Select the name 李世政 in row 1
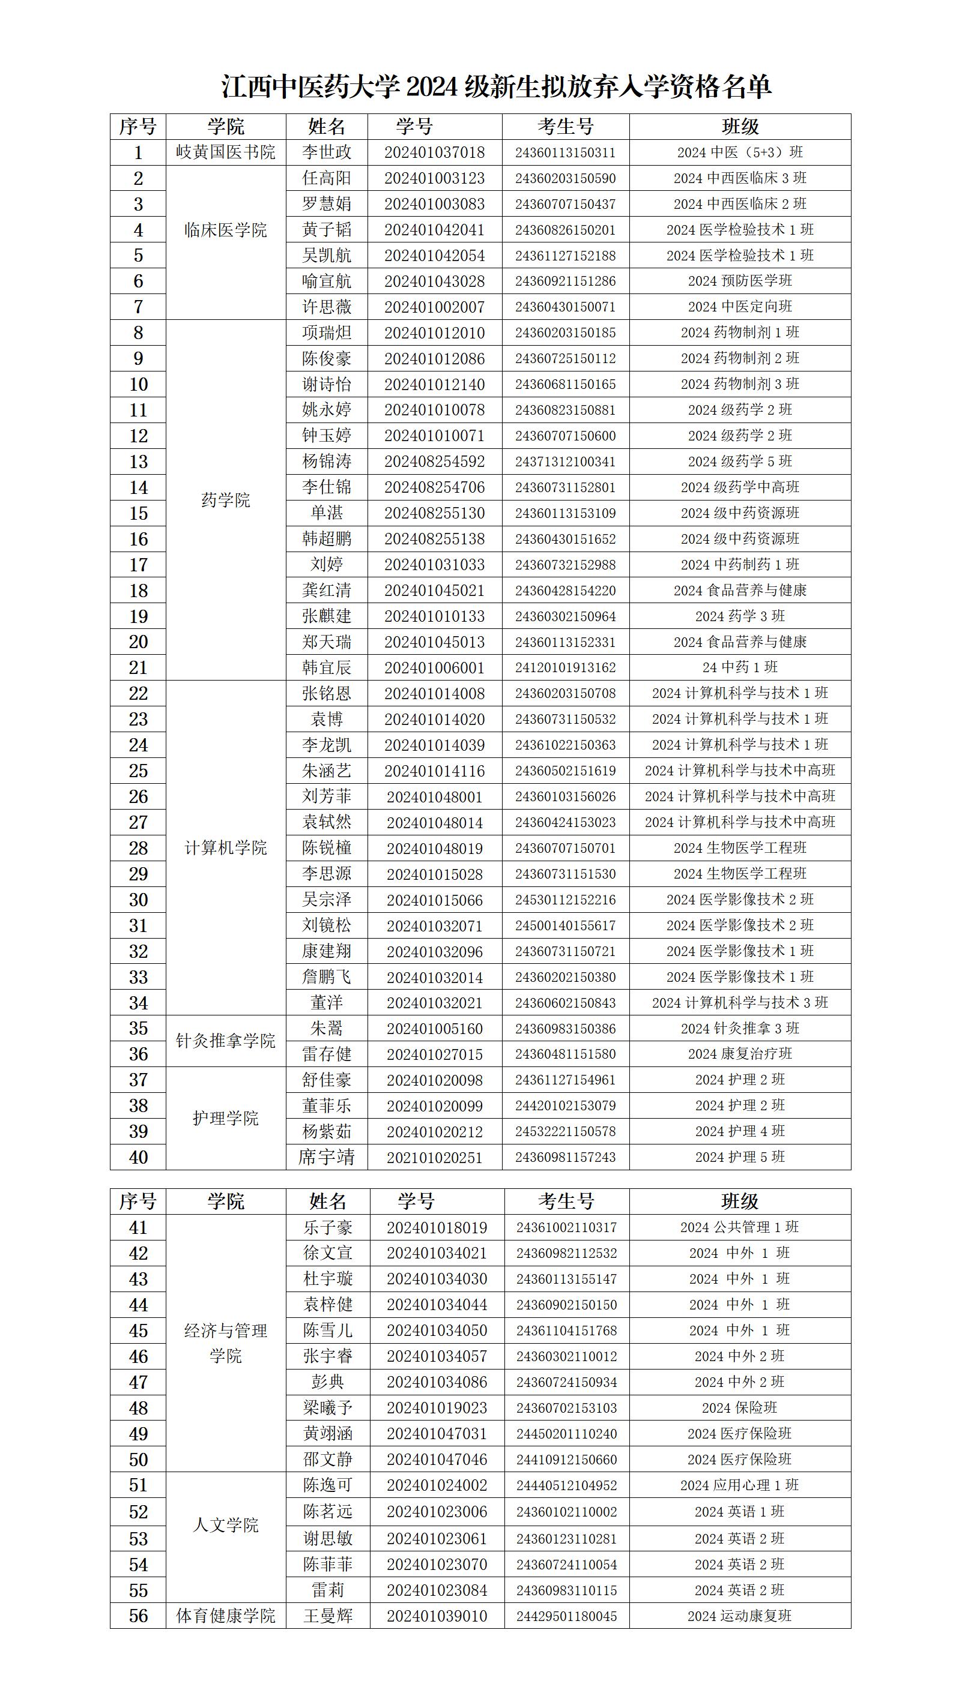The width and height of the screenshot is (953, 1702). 327,152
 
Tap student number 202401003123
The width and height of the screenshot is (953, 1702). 434,178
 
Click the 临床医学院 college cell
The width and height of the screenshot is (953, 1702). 225,230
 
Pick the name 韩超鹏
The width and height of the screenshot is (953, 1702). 327,539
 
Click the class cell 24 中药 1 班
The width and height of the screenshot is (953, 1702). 740,667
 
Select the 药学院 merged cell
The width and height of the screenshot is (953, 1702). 225,500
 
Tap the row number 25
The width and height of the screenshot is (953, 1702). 138,771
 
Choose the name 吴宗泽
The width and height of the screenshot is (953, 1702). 327,900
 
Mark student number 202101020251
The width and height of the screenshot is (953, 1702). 434,1158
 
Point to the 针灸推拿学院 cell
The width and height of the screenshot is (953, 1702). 225,1041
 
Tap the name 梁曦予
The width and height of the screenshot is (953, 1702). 328,1408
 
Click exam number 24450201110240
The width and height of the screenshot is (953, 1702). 566,1434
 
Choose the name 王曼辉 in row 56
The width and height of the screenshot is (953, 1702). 328,1616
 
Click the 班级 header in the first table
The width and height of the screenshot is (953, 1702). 740,127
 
